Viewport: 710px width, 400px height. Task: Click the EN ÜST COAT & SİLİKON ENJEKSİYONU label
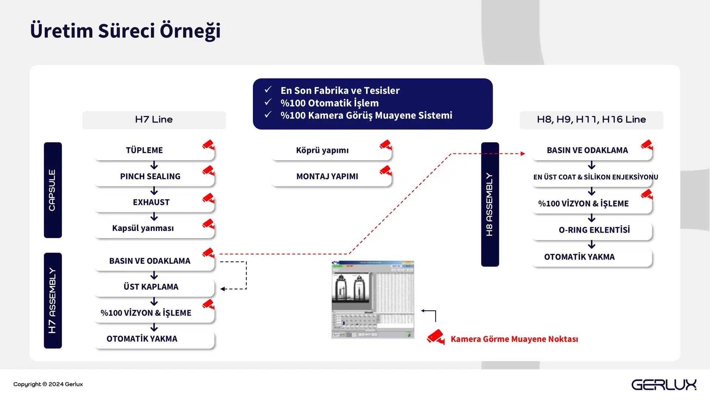click(x=595, y=177)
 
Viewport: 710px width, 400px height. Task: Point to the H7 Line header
click(x=154, y=120)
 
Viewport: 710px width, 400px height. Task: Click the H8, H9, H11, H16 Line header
click(x=591, y=120)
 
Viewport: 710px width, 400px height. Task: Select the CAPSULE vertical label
click(x=53, y=190)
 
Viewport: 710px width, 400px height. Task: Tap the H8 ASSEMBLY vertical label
click(x=490, y=204)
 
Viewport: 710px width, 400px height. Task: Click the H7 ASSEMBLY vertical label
click(x=53, y=300)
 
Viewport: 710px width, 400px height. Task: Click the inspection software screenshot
click(x=373, y=300)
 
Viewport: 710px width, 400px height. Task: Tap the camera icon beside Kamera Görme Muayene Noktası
click(x=436, y=337)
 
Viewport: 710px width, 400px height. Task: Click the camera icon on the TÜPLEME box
click(x=209, y=145)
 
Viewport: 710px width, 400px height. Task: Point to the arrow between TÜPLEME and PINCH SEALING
click(x=154, y=165)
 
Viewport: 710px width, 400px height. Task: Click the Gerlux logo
click(x=664, y=385)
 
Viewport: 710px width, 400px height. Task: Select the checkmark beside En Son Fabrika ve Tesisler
click(x=268, y=90)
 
